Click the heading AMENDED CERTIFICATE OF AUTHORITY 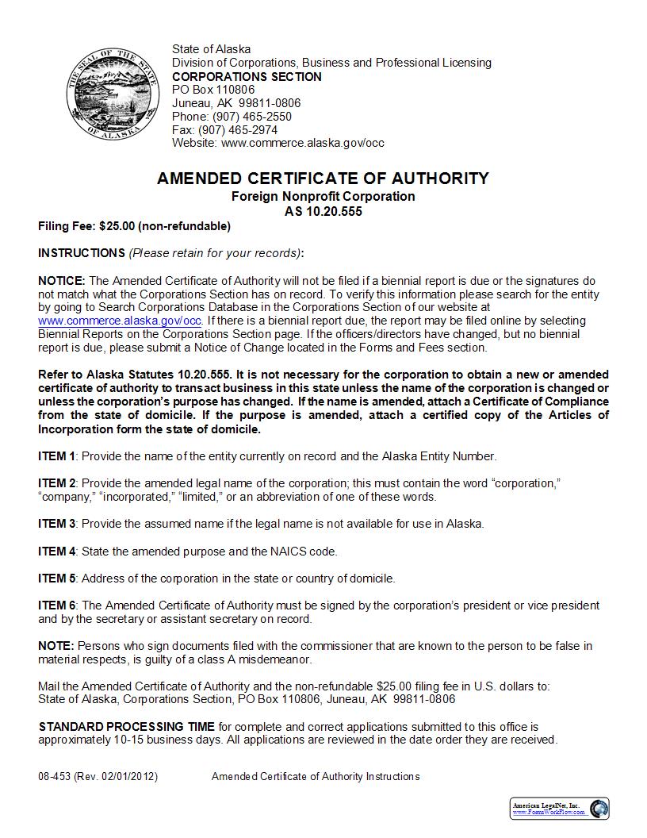[323, 179]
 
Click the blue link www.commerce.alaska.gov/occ [119, 321]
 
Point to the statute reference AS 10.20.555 [323, 212]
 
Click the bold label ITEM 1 [57, 456]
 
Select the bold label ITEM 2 [57, 483]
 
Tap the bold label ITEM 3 [57, 524]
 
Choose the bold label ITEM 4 [57, 551]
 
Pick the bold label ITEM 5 [57, 578]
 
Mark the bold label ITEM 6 [57, 605]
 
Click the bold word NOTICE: [61, 281]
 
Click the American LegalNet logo [559, 809]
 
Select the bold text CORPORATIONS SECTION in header [247, 77]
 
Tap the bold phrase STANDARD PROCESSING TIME [126, 727]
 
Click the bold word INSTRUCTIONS [81, 253]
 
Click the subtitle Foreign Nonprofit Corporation [323, 196]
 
